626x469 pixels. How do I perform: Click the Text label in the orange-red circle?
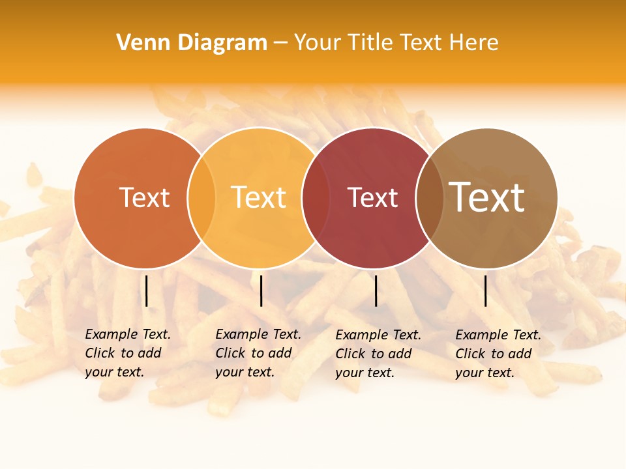144,198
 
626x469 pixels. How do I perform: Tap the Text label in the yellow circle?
258,197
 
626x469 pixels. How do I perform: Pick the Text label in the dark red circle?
372,198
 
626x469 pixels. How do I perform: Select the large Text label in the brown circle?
486,197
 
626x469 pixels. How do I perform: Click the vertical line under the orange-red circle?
147,291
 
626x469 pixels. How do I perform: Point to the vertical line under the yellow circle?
261,291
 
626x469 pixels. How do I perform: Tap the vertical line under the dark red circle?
376,291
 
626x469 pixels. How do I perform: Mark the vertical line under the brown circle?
485,291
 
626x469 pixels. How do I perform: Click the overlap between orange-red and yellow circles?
201,198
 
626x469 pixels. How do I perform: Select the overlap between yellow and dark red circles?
314,198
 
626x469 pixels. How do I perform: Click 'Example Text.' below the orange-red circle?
128,334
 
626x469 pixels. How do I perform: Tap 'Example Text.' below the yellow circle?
258,334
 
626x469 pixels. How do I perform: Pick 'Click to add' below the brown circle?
493,354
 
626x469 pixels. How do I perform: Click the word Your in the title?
318,43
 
